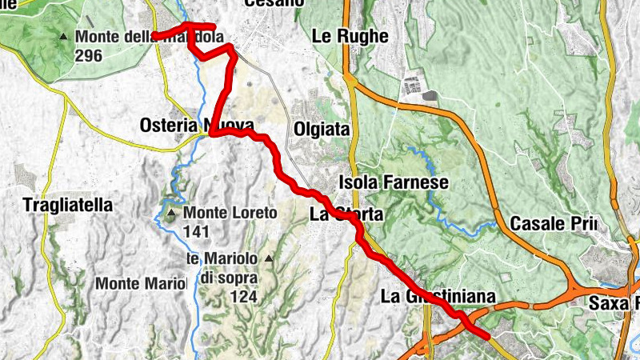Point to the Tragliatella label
[x=68, y=205]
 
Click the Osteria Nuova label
[x=197, y=126]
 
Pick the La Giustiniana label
[x=438, y=297]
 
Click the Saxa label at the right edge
[x=613, y=303]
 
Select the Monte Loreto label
[x=230, y=214]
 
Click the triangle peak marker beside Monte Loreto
[x=170, y=213]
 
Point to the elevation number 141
[x=196, y=232]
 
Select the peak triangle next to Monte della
[x=64, y=37]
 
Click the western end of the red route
[x=155, y=36]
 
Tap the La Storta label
[x=346, y=214]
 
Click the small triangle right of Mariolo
[x=269, y=258]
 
